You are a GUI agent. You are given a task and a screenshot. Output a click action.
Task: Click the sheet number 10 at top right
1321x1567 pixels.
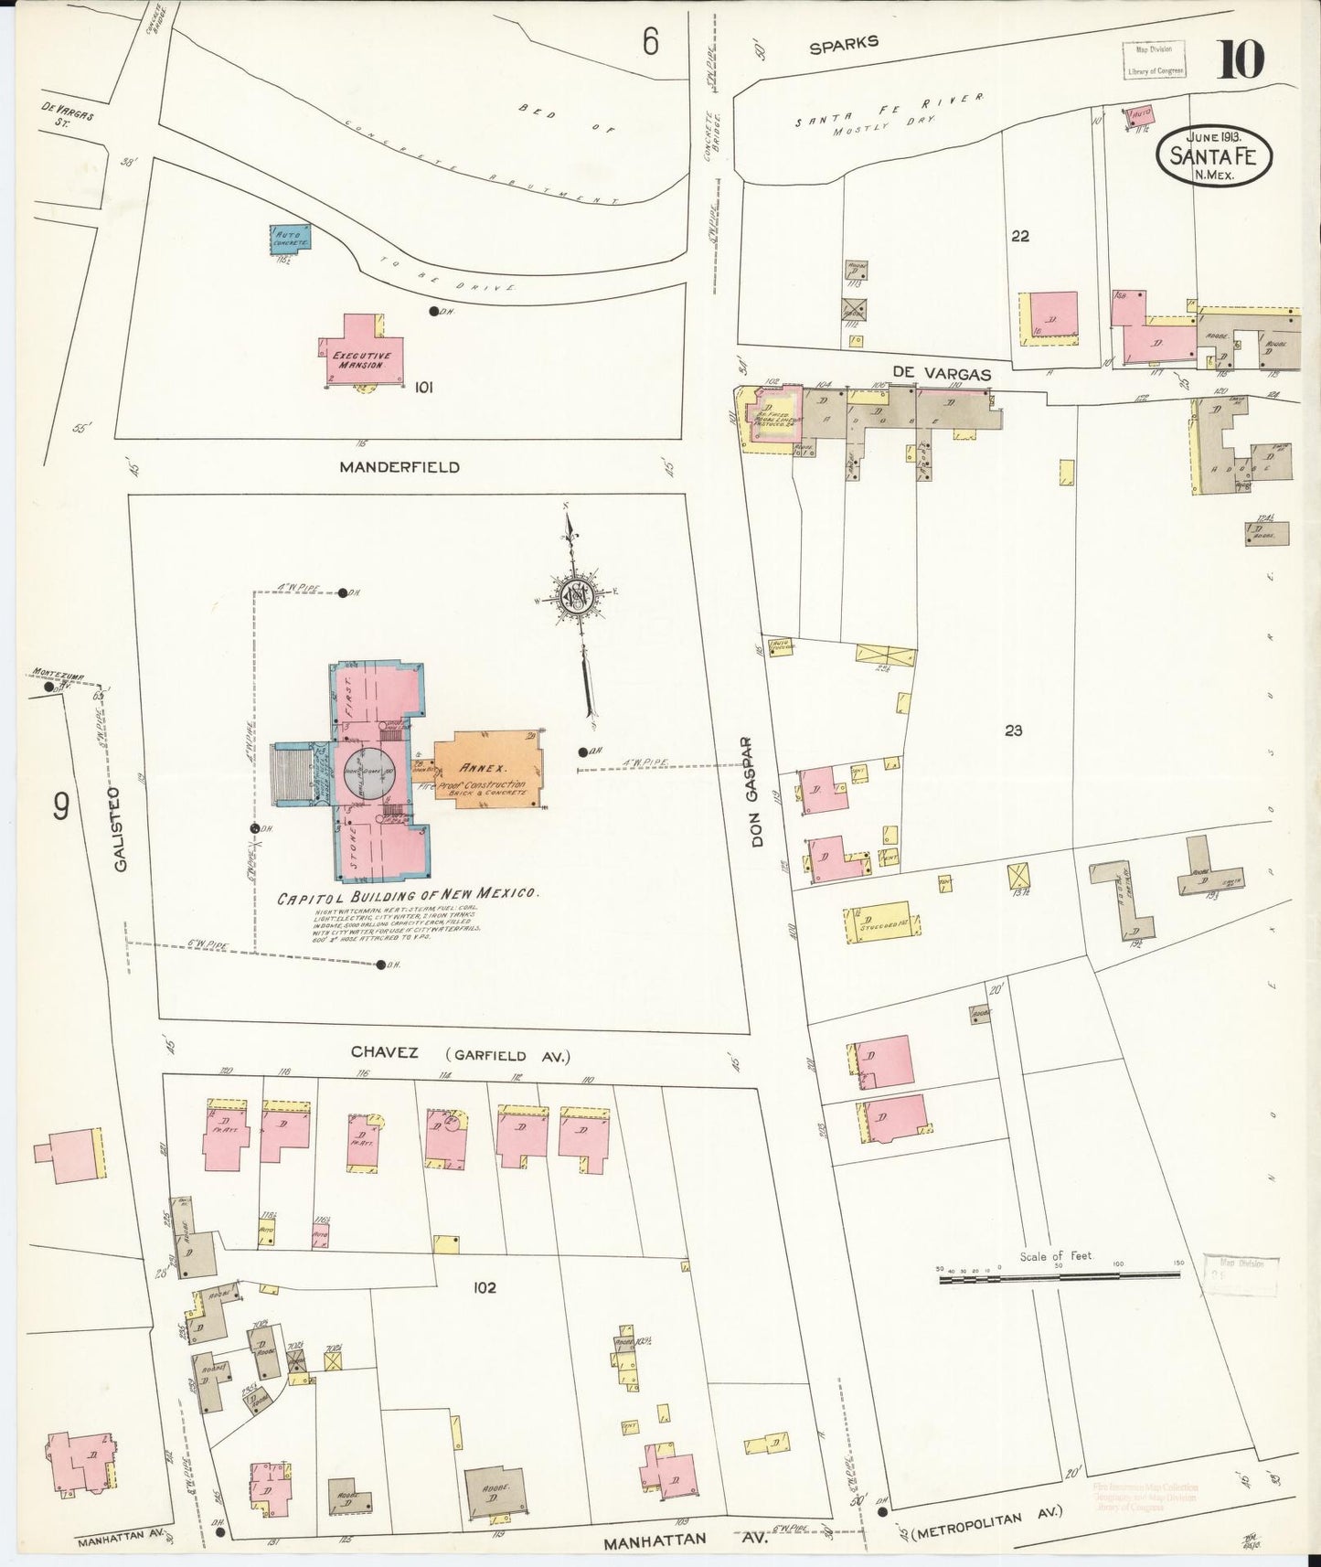tap(1240, 60)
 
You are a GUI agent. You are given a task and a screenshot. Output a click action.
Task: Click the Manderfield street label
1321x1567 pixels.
tap(399, 467)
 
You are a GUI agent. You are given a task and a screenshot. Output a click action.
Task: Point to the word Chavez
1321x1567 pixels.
tap(385, 1053)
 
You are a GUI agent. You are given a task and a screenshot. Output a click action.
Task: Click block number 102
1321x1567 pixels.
tap(484, 1287)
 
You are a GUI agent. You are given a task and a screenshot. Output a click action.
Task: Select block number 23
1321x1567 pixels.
tap(1012, 730)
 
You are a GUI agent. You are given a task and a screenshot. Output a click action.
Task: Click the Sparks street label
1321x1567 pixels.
tap(844, 42)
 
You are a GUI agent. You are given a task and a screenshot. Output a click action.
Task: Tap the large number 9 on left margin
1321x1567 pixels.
tap(61, 806)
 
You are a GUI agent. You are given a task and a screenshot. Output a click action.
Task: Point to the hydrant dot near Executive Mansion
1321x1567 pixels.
tap(433, 311)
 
